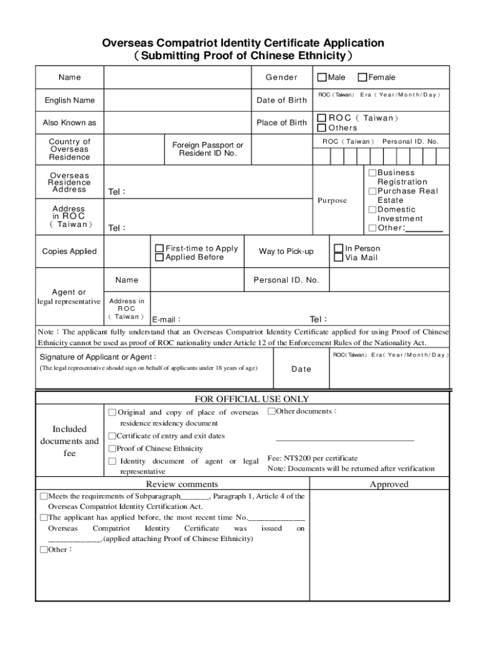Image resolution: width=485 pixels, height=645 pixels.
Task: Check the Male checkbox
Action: click(x=322, y=77)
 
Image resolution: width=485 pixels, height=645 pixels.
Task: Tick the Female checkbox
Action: click(x=362, y=77)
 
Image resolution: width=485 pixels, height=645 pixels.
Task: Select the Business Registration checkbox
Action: click(x=372, y=173)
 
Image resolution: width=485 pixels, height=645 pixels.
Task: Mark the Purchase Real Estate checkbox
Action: click(x=372, y=191)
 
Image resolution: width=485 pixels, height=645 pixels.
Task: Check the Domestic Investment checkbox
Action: click(x=372, y=209)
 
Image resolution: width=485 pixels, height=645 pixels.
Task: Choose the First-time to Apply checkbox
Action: click(x=159, y=248)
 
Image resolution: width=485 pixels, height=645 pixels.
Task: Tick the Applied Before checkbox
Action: click(x=159, y=257)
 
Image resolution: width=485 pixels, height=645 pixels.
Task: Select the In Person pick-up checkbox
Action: click(x=339, y=248)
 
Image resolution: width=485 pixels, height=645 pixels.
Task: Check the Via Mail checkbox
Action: click(x=339, y=257)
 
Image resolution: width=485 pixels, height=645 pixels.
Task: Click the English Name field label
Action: click(x=69, y=100)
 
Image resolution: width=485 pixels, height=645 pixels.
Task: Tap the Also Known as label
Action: click(x=69, y=123)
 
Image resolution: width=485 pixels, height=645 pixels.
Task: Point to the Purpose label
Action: click(x=333, y=200)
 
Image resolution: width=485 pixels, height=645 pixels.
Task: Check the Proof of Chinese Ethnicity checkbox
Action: click(x=112, y=448)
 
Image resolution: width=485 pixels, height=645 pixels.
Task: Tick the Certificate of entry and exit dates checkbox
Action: click(x=112, y=436)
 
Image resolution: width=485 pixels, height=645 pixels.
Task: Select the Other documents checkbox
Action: click(x=271, y=411)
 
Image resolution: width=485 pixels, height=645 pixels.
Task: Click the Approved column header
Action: click(x=389, y=484)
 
